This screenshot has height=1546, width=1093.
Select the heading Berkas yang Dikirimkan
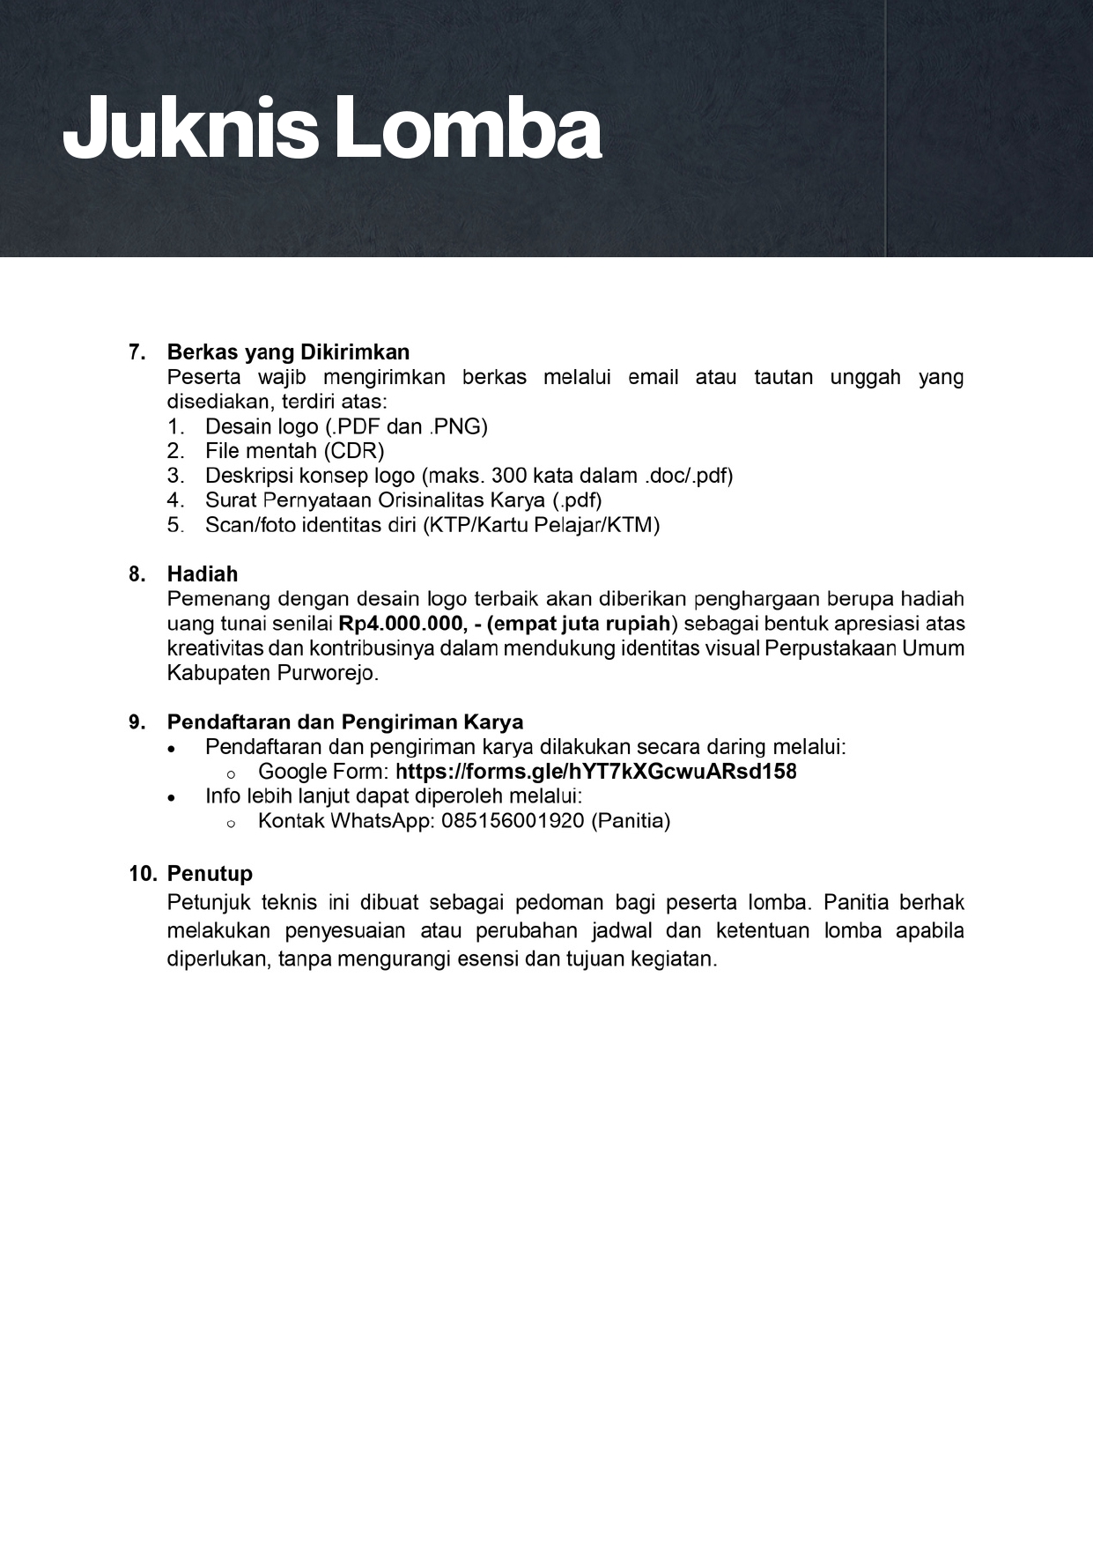[288, 352]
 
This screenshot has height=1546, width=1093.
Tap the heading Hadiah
[203, 574]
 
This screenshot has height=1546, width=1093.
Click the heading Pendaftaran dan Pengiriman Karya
[345, 722]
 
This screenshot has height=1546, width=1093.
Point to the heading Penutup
[210, 874]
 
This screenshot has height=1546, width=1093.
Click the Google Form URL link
[596, 772]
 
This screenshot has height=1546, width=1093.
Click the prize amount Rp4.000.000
[402, 624]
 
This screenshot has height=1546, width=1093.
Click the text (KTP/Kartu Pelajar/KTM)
[541, 525]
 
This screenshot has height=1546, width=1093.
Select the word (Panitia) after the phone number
[631, 821]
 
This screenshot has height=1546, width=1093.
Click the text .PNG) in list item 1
[458, 426]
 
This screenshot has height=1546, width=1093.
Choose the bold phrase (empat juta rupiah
[578, 624]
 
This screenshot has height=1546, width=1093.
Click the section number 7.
[137, 352]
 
